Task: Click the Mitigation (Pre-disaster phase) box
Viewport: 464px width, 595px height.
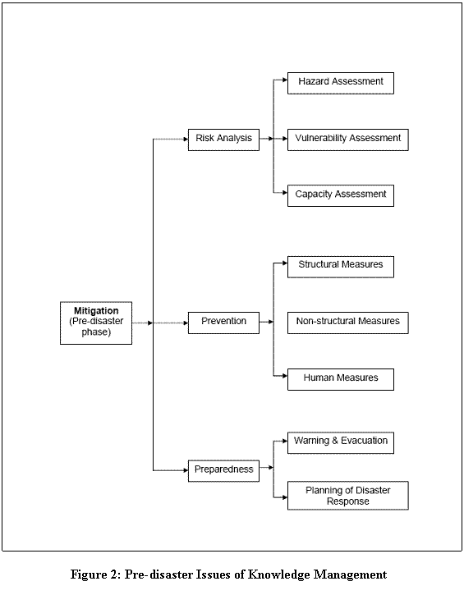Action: pyautogui.click(x=96, y=323)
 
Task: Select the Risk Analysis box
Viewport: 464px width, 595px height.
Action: pyautogui.click(x=223, y=140)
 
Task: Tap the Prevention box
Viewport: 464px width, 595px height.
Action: pyautogui.click(x=223, y=323)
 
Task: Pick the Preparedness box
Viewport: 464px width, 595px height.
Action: pyautogui.click(x=223, y=471)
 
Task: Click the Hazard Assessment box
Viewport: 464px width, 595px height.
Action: pyautogui.click(x=341, y=83)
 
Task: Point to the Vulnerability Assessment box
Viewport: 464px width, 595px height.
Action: pyautogui.click(x=348, y=140)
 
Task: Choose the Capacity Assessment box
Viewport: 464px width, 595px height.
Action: pyautogui.click(x=341, y=196)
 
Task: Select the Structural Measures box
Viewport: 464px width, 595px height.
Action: pyautogui.click(x=341, y=267)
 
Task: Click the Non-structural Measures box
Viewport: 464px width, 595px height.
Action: pyautogui.click(x=348, y=323)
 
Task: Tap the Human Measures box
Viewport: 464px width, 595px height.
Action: pyautogui.click(x=341, y=379)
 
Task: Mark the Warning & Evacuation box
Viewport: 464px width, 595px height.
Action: pyautogui.click(x=341, y=443)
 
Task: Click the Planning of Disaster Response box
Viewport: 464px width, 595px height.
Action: pyautogui.click(x=348, y=496)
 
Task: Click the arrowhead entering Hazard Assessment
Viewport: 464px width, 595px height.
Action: pyautogui.click(x=285, y=80)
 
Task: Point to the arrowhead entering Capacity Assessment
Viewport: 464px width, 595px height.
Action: pyautogui.click(x=285, y=193)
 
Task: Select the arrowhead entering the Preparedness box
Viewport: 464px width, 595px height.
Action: pyautogui.click(x=186, y=470)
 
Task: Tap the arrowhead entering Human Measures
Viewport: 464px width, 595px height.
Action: pyautogui.click(x=285, y=376)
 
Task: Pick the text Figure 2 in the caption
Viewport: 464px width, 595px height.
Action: pyautogui.click(x=96, y=574)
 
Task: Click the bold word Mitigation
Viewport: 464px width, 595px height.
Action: pyautogui.click(x=96, y=311)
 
